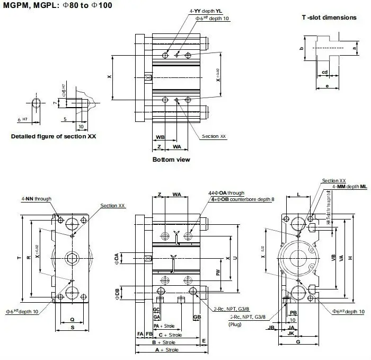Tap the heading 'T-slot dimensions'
329,17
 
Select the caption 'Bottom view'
171,160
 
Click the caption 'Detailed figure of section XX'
54,136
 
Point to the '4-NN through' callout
37,199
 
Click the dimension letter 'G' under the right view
298,343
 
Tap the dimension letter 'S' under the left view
72,328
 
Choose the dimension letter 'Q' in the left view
72,320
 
